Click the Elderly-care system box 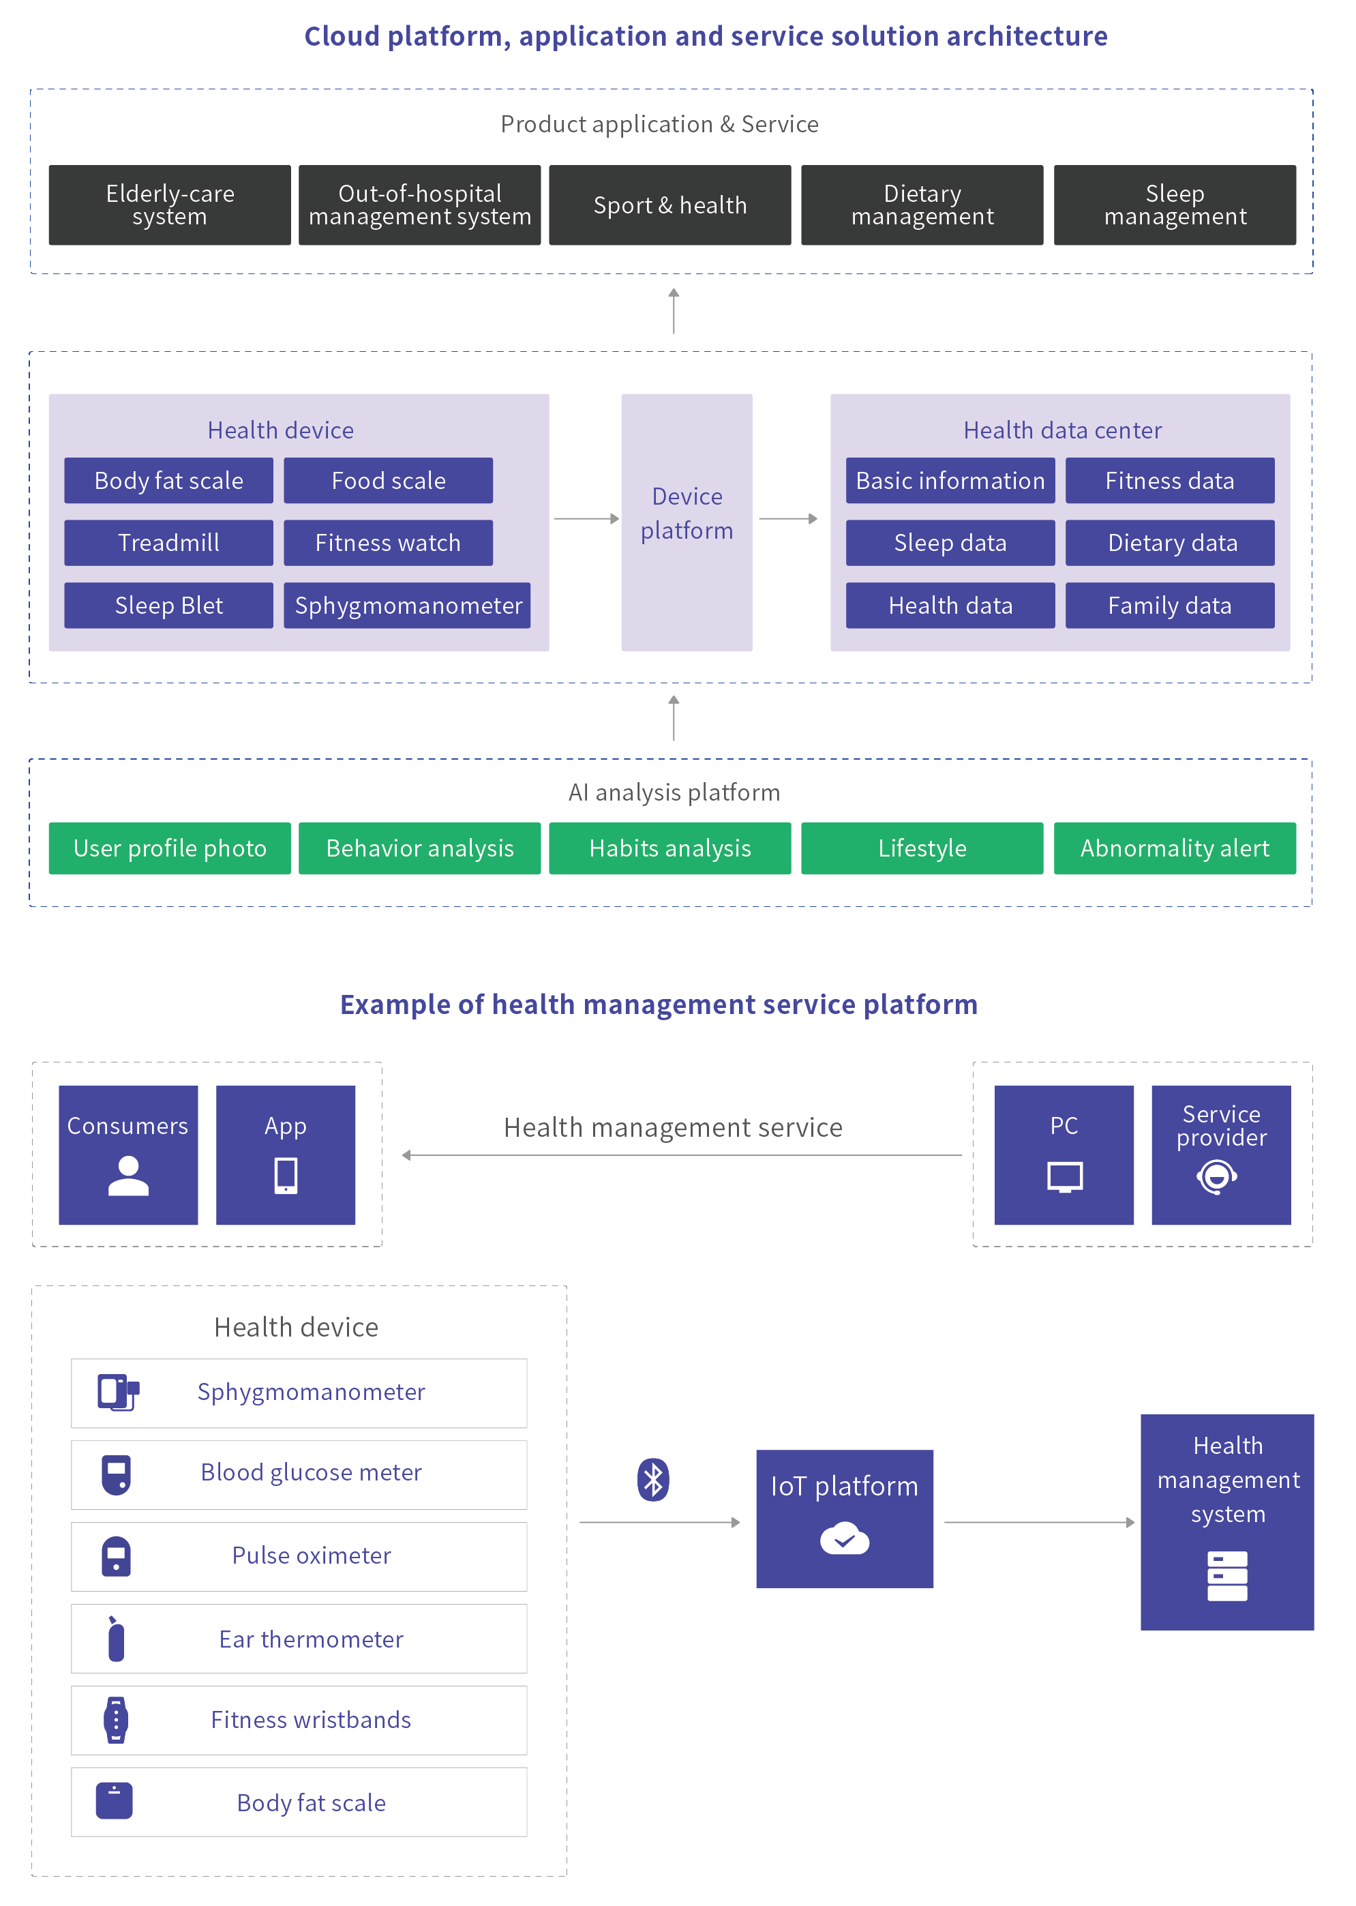(x=170, y=205)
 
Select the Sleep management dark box (x=1174, y=205)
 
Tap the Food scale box (x=389, y=480)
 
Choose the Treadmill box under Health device (x=168, y=543)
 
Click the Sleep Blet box (x=168, y=606)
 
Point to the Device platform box (x=687, y=522)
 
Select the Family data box (x=1170, y=606)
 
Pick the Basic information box (x=950, y=480)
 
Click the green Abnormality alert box (x=1174, y=848)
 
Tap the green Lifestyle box (x=922, y=848)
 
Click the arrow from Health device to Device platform (x=586, y=519)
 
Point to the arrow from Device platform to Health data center (x=788, y=519)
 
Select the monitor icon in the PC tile (x=1065, y=1177)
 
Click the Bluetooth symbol (x=653, y=1480)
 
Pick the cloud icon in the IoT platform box (x=844, y=1538)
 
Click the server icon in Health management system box (x=1226, y=1576)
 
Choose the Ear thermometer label (x=311, y=1639)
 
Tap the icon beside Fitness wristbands (x=116, y=1720)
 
